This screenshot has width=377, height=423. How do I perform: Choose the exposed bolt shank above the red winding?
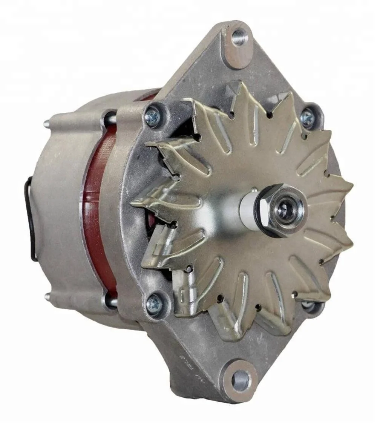click(x=110, y=120)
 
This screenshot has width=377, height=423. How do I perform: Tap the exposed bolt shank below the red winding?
click(x=110, y=300)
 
